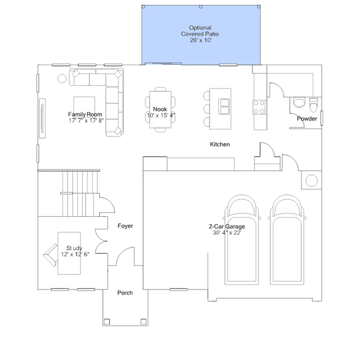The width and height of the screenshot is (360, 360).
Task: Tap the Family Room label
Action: (x=85, y=114)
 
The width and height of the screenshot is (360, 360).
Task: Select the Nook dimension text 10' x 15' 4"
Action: (x=161, y=115)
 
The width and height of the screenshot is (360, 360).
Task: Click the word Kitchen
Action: (x=220, y=144)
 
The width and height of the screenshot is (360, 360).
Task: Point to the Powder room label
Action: (x=306, y=118)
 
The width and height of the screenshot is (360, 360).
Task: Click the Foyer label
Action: (x=125, y=226)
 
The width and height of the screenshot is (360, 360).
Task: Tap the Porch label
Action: (x=125, y=293)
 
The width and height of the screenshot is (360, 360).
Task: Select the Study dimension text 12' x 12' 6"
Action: (x=75, y=254)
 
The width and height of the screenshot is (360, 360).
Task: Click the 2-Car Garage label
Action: (x=226, y=226)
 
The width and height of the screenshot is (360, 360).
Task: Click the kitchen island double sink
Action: (x=224, y=106)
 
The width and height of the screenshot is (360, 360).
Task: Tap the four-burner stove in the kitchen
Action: (x=259, y=107)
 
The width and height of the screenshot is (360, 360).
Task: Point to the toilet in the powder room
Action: (x=313, y=105)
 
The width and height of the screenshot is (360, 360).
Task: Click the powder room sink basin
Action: (x=299, y=103)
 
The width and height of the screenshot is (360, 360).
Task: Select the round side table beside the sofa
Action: (x=62, y=78)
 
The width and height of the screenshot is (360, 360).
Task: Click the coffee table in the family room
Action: (x=85, y=105)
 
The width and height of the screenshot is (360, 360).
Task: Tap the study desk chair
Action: (x=51, y=255)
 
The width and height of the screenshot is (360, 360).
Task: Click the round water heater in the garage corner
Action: (x=312, y=180)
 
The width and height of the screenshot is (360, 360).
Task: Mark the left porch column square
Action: (x=106, y=322)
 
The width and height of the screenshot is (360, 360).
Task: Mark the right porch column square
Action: (x=144, y=322)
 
